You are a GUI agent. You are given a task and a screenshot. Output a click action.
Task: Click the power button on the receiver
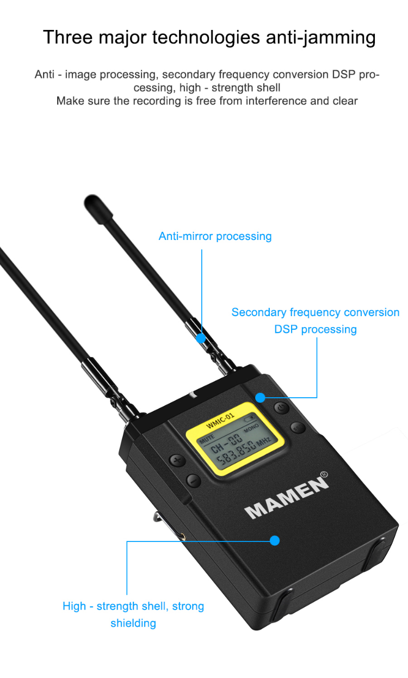(281, 408)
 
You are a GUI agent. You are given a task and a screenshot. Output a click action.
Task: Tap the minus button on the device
(193, 480)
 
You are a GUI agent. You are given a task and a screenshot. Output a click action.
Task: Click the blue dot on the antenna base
(201, 338)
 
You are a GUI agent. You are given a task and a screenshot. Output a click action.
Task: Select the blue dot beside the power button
(261, 398)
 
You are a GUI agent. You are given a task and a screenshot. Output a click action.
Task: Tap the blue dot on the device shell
(275, 540)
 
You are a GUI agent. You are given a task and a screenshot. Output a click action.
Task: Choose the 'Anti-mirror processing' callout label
(215, 236)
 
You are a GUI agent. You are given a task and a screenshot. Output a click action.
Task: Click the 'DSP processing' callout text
(316, 329)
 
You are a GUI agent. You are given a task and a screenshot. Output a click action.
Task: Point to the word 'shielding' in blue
(133, 623)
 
